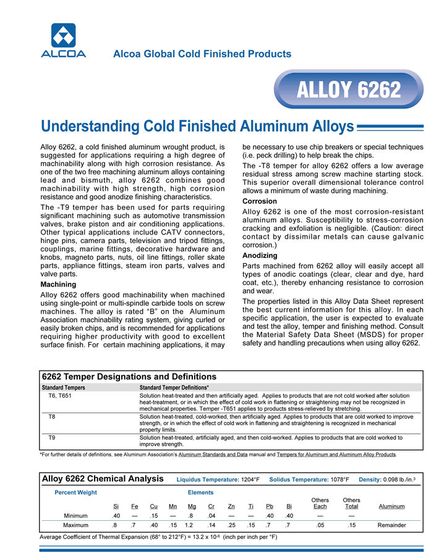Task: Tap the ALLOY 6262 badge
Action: tap(349, 90)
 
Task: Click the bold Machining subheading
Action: tap(59, 284)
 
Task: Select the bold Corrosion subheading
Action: tap(260, 202)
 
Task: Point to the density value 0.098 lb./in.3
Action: tap(401, 479)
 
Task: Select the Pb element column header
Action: tap(270, 507)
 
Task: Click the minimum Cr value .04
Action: tap(211, 515)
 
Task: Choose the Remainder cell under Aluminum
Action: tap(391, 525)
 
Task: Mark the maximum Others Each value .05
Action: tap(320, 525)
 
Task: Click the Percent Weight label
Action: tap(76, 492)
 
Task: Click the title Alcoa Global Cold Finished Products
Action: tap(202, 54)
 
